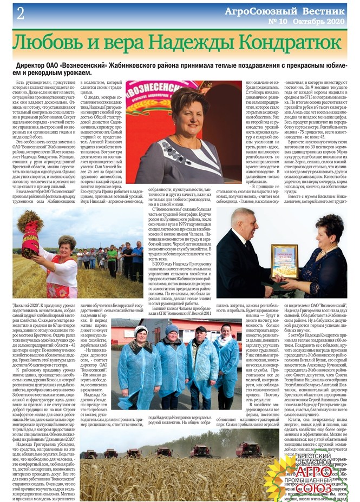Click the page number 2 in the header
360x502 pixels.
click(x=20, y=14)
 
